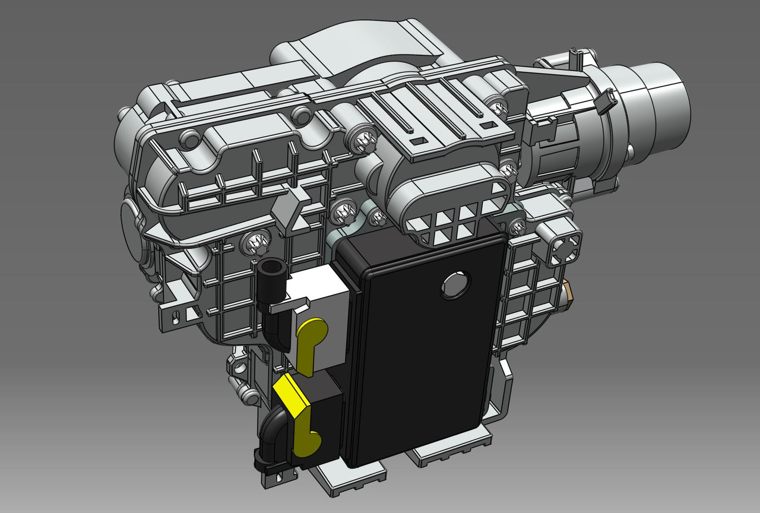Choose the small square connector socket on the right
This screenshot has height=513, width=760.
560,247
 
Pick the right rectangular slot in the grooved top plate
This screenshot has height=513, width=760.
487,126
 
